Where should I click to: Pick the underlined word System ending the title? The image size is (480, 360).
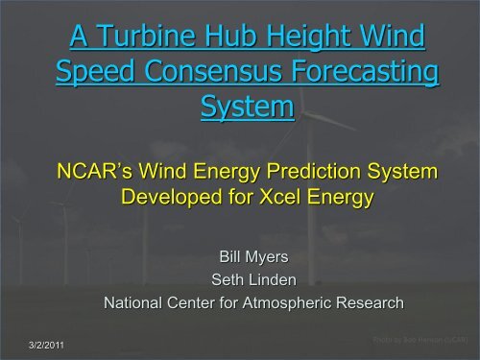[x=246, y=108]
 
